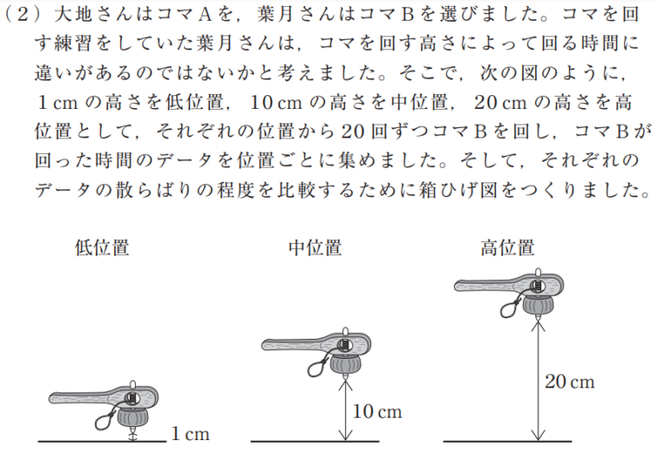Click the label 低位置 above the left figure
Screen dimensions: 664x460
pyautogui.click(x=102, y=248)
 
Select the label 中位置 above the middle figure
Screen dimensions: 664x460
pyautogui.click(x=315, y=248)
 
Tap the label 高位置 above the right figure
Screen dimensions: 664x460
pyautogui.click(x=508, y=248)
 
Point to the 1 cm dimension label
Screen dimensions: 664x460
pyautogui.click(x=190, y=434)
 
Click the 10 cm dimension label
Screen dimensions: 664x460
pyautogui.click(x=377, y=412)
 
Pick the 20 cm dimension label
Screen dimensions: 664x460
pyautogui.click(x=570, y=381)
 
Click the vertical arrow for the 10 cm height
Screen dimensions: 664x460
pyautogui.click(x=346, y=410)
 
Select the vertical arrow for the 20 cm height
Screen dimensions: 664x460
pyautogui.click(x=538, y=380)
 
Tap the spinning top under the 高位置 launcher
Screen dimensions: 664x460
pyautogui.click(x=539, y=306)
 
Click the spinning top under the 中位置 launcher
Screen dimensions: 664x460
pyautogui.click(x=346, y=365)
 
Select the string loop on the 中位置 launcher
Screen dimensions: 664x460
pyautogui.click(x=318, y=367)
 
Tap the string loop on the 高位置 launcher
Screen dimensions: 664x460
pyautogui.click(x=510, y=307)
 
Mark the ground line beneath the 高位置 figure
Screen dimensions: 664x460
pyautogui.click(x=508, y=441)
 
